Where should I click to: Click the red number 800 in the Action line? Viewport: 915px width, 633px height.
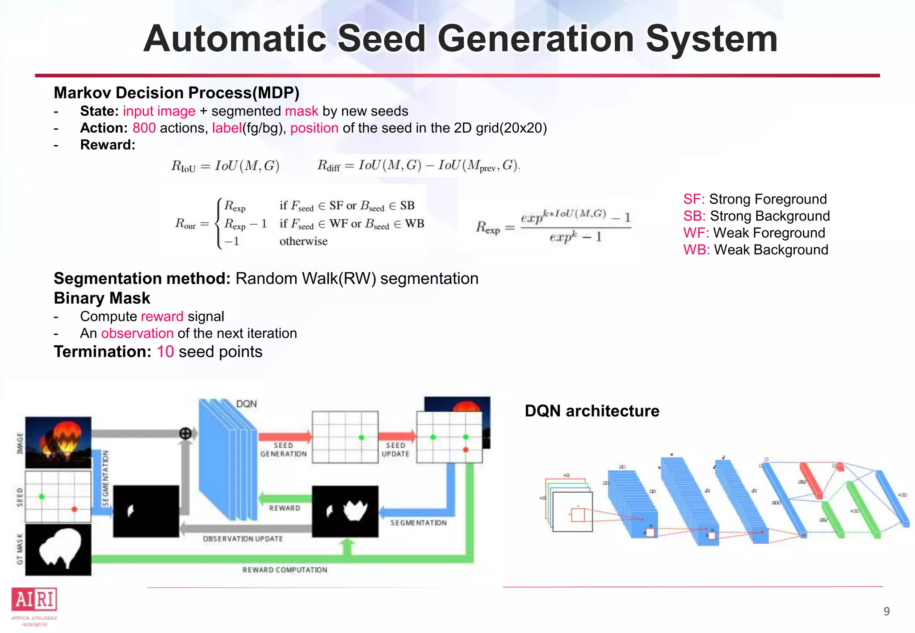(x=144, y=128)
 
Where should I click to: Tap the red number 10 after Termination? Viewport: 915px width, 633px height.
(x=165, y=352)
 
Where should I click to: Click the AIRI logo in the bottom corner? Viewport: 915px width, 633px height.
(x=34, y=600)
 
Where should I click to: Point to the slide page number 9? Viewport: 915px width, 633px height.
(x=886, y=611)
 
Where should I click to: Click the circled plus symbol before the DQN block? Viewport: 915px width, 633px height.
(x=185, y=433)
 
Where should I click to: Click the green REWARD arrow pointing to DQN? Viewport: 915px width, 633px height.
(x=285, y=498)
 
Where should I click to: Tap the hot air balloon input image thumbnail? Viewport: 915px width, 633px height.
(x=58, y=442)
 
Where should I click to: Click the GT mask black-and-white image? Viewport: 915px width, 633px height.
(x=58, y=550)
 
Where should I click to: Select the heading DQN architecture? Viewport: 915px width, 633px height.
(x=592, y=411)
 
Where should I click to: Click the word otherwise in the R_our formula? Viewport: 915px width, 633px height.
(x=303, y=242)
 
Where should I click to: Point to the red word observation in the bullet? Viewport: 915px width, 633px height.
(x=137, y=333)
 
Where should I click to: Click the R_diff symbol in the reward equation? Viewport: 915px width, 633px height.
(x=328, y=166)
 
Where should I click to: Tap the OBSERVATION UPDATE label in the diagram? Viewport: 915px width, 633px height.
(x=243, y=539)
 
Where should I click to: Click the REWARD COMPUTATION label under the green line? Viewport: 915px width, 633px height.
(x=285, y=570)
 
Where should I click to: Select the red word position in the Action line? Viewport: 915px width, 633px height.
(x=314, y=128)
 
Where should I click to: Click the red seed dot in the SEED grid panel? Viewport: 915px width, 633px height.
(x=74, y=509)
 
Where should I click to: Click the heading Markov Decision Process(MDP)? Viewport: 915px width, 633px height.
(x=176, y=93)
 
